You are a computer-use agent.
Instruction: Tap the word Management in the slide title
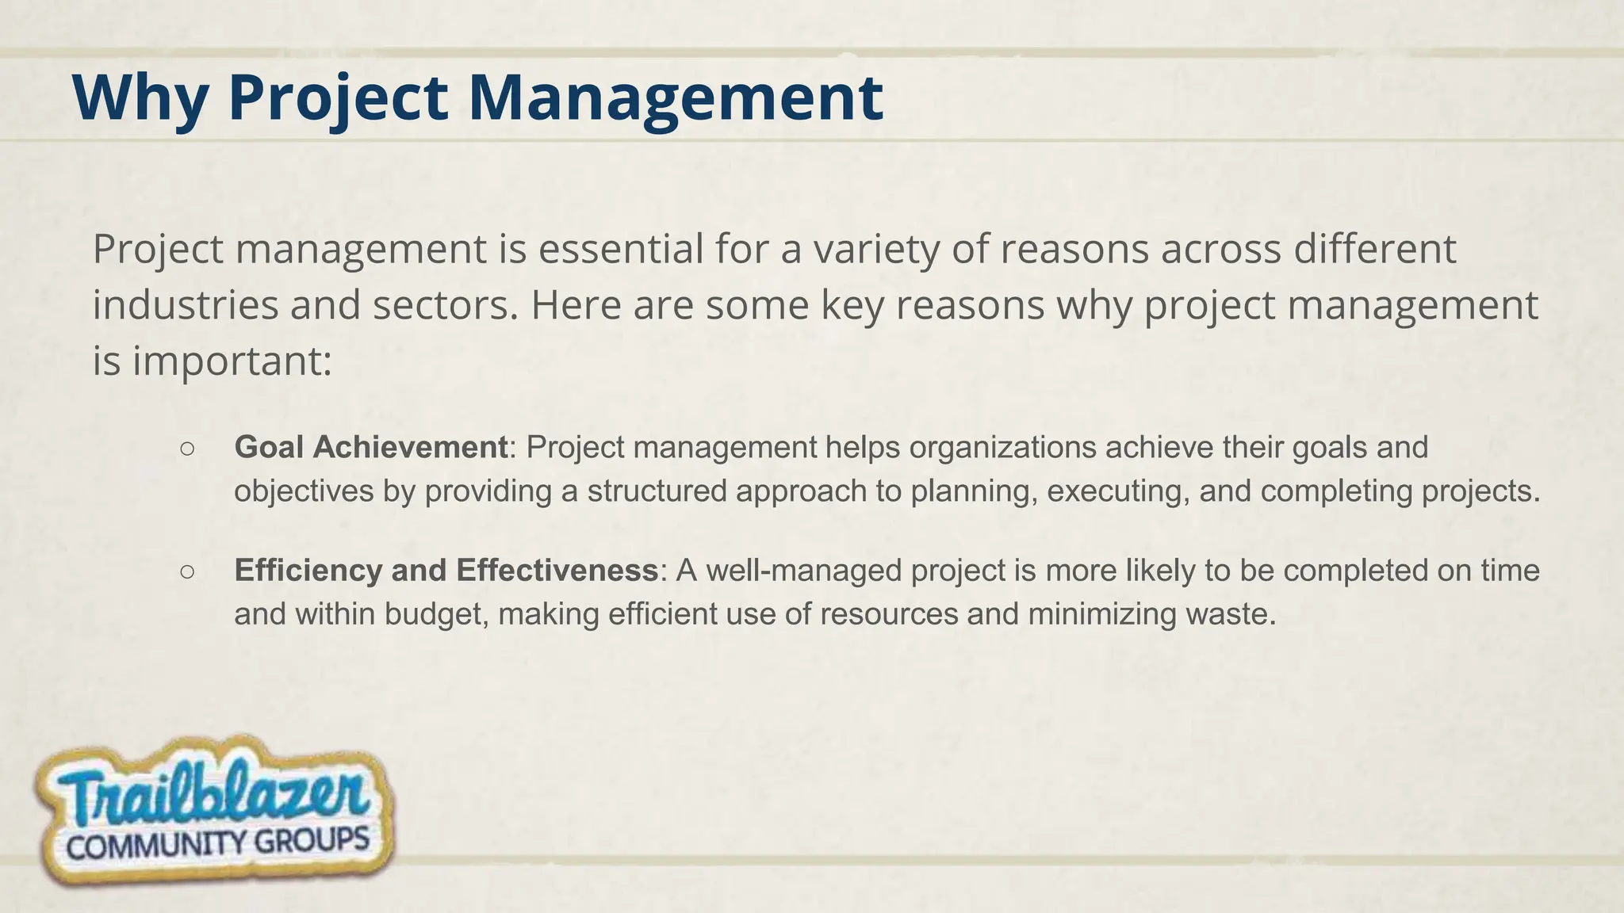(x=675, y=97)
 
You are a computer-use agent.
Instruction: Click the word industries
(x=186, y=305)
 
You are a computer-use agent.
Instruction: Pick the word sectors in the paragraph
(x=445, y=305)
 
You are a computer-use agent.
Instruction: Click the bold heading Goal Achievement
(x=370, y=448)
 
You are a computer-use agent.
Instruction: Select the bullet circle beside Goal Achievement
(x=187, y=449)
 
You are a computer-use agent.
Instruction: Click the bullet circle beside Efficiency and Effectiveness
(x=187, y=571)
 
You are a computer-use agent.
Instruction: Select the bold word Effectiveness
(x=557, y=571)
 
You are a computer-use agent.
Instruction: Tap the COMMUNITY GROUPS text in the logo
(x=218, y=844)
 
